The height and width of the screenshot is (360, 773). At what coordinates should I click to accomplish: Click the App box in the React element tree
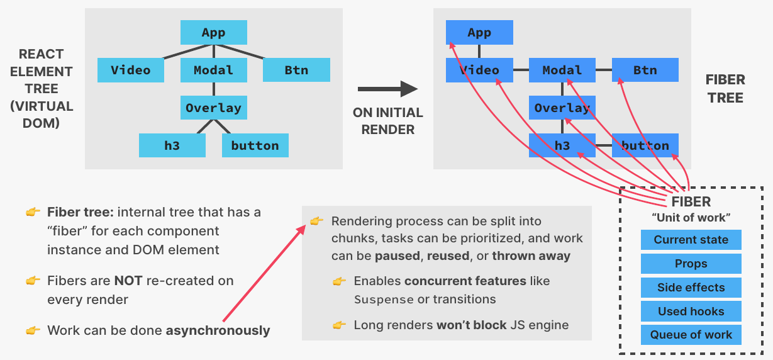click(x=213, y=32)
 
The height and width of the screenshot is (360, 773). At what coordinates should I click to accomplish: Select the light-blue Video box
click(x=131, y=70)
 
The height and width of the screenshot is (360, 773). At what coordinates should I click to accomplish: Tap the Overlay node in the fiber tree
click(x=562, y=108)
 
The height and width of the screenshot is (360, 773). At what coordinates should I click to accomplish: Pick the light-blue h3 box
click(x=172, y=145)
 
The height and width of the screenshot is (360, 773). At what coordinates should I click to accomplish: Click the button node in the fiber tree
click(x=645, y=145)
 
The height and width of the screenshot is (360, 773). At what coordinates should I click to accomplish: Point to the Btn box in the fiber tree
click(x=645, y=70)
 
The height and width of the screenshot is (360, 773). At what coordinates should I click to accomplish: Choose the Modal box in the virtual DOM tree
click(x=213, y=70)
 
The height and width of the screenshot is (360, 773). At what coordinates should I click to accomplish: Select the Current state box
click(x=691, y=240)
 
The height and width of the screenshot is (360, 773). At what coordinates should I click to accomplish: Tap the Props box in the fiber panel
click(x=691, y=264)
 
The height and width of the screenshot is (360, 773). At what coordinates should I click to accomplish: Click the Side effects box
click(x=691, y=288)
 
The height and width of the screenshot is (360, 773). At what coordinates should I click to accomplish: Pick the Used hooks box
click(x=691, y=312)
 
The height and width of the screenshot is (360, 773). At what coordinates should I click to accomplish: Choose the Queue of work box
click(x=691, y=335)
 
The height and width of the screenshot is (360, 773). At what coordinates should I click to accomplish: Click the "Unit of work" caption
click(x=691, y=218)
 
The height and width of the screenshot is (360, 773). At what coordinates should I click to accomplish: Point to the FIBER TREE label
click(x=725, y=89)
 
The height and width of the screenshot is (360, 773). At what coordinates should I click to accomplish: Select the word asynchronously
click(x=218, y=330)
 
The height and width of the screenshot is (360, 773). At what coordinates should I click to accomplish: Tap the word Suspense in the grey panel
click(x=384, y=300)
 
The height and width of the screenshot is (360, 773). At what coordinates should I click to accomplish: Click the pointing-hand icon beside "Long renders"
click(x=340, y=325)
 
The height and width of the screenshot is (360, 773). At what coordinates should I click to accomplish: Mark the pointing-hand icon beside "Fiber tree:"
click(x=33, y=213)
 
